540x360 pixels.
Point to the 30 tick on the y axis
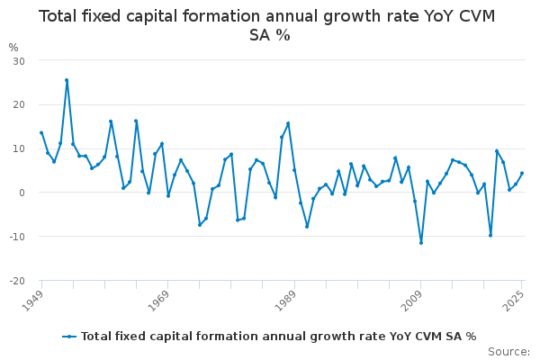click(x=18, y=60)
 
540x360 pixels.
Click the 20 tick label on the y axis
click(x=18, y=104)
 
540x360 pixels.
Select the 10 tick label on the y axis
click(x=18, y=148)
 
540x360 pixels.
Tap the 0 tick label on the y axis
click(x=21, y=193)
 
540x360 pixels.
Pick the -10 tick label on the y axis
click(x=16, y=237)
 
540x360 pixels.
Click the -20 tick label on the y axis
click(x=16, y=281)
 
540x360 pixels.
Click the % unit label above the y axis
click(x=13, y=48)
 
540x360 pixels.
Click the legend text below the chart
click(x=278, y=337)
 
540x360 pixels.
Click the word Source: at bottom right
click(x=508, y=352)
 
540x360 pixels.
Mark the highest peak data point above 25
click(x=67, y=80)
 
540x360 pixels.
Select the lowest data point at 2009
click(x=420, y=243)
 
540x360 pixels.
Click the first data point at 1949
click(x=41, y=132)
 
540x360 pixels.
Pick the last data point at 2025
click(x=522, y=174)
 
